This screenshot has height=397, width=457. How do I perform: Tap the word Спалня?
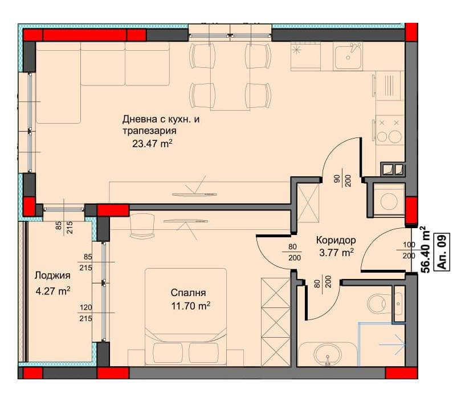tap(188, 293)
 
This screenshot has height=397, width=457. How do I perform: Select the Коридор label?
tap(336, 240)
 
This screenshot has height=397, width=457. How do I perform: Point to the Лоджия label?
tap(52, 276)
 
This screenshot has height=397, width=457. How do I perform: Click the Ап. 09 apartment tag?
tap(441, 252)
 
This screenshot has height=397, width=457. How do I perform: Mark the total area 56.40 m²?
tap(426, 249)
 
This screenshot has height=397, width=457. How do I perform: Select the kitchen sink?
tap(348, 56)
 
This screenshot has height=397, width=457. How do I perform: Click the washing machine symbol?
tap(389, 201)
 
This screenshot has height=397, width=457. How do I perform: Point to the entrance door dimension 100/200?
tap(409, 250)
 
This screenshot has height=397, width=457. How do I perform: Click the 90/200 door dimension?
tap(343, 181)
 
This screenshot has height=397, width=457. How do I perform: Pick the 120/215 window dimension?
tap(85, 313)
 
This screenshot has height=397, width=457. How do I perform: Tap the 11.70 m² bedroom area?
tap(191, 306)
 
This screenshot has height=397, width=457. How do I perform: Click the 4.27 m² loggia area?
tap(53, 291)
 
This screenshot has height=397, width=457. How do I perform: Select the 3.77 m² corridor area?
tap(336, 253)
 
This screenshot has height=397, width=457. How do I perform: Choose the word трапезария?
tap(149, 131)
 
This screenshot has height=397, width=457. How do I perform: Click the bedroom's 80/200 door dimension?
tap(295, 253)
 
